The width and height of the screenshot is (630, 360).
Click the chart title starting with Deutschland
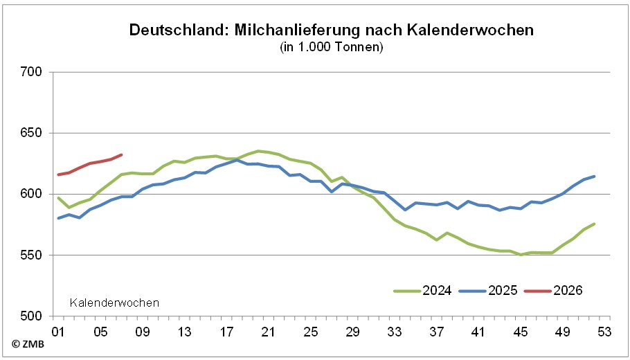tap(332, 31)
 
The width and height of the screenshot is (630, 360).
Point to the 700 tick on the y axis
tap(32, 72)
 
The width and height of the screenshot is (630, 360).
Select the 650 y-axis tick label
tap(32, 133)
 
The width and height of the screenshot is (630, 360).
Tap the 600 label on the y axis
tap(32, 194)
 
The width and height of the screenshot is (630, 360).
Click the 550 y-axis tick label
tap(32, 255)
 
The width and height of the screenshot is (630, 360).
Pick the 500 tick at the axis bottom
tap(32, 316)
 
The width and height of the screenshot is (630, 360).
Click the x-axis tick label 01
tap(58, 332)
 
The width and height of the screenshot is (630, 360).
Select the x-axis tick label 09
tap(143, 332)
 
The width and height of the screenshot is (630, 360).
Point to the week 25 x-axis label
tap(311, 332)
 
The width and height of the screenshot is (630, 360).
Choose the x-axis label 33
tap(395, 332)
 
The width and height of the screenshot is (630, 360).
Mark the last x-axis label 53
tap(604, 332)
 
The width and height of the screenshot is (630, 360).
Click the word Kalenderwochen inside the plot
tap(115, 303)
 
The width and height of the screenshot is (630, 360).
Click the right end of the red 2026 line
tap(122, 154)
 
